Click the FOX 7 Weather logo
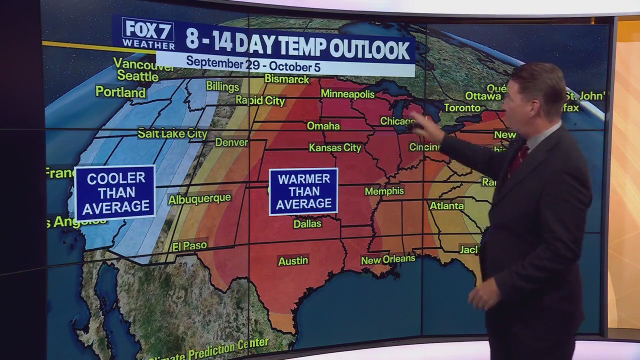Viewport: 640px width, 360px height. point(148,33)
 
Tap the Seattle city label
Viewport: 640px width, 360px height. point(137,76)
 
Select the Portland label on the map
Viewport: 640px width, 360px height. point(120,92)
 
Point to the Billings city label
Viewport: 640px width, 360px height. point(222,86)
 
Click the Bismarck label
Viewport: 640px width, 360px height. point(286,79)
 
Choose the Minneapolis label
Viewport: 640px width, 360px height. point(347,94)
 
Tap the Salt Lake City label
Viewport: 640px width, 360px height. point(172,133)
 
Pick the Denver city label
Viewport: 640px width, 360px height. point(231,142)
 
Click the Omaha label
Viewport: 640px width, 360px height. point(323,126)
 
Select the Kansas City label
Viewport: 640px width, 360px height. point(335,147)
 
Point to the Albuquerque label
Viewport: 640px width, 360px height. point(199,199)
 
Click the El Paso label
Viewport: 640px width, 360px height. point(189,246)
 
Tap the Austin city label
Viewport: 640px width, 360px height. point(293,260)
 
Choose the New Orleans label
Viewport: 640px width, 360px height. point(388,259)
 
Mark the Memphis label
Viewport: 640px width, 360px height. point(384,191)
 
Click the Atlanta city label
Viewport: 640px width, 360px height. point(447,205)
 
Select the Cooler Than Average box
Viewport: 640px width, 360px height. point(115,192)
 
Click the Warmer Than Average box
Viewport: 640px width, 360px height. point(303,191)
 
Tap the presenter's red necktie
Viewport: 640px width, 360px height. point(518,160)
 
